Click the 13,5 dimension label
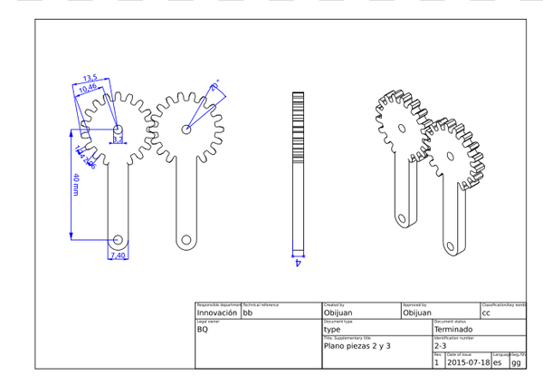[x=90, y=78]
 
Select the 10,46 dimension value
[x=89, y=88]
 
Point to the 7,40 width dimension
[x=118, y=256]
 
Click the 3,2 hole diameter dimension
[x=118, y=140]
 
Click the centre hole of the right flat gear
[x=186, y=130]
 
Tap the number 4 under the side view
[x=298, y=263]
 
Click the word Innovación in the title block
[x=217, y=313]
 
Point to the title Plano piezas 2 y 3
[x=357, y=346]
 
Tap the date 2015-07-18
[x=468, y=362]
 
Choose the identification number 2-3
[x=441, y=346]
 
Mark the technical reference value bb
[x=248, y=313]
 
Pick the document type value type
[x=332, y=330]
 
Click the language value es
[x=497, y=362]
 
